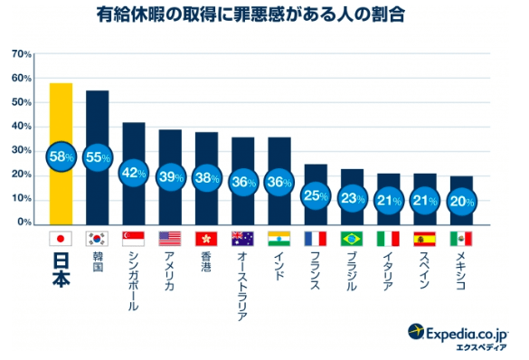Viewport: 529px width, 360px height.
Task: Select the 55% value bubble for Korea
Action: click(98, 156)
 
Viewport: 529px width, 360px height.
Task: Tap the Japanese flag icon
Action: click(61, 240)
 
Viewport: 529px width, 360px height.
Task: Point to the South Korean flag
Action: click(98, 240)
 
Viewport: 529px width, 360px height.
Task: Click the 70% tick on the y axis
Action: click(22, 54)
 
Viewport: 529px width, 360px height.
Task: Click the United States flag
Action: click(170, 240)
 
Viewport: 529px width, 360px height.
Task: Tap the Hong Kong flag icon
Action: click(206, 240)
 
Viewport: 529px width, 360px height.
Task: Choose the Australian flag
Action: click(242, 240)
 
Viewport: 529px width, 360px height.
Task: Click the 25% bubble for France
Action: click(315, 194)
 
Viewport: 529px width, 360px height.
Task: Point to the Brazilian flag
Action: click(351, 240)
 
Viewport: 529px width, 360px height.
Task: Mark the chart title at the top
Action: click(263, 15)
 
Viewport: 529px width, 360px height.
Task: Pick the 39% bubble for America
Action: click(170, 176)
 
